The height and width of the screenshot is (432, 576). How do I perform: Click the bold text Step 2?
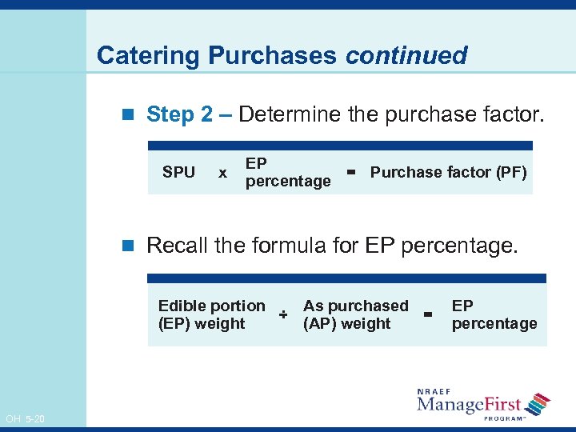click(x=180, y=114)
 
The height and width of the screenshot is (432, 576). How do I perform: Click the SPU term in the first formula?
click(x=178, y=172)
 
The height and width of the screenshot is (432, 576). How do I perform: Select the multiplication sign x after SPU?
click(x=222, y=173)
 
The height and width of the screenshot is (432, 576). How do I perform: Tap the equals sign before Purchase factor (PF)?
click(x=350, y=171)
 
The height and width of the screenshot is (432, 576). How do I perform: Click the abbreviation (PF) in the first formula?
click(x=511, y=172)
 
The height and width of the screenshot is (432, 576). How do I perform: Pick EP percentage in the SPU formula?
click(x=287, y=172)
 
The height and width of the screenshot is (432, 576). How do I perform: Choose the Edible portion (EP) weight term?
click(x=211, y=314)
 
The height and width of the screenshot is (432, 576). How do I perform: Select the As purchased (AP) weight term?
click(x=355, y=314)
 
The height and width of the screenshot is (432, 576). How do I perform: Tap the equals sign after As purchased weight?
click(x=429, y=315)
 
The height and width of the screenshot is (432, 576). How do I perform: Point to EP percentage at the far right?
click(x=494, y=314)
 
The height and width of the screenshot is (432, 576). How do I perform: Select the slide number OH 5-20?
click(x=25, y=418)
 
